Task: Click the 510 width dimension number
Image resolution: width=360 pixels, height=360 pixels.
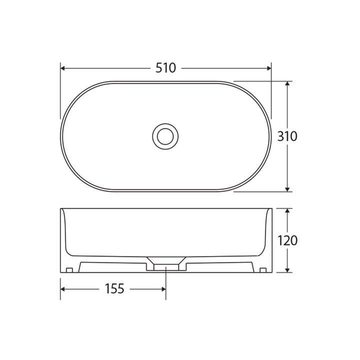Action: pos(165,67)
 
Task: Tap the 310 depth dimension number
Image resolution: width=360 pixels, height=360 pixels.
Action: pos(287,136)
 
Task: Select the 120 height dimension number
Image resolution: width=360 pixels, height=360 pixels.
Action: pos(287,240)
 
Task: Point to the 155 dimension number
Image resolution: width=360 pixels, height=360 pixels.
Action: pos(114,289)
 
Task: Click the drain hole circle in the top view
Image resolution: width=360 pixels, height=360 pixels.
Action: pos(165,136)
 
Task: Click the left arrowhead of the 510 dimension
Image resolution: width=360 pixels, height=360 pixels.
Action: pos(63,67)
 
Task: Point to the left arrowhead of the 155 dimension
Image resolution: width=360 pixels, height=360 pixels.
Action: pos(63,289)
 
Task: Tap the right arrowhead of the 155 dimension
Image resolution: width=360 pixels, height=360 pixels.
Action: pos(162,289)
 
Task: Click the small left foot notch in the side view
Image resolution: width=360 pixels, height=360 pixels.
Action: pos(69,270)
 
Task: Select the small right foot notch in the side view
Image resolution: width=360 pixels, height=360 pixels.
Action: pos(263,270)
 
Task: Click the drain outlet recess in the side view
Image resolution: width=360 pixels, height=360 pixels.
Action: pos(165,264)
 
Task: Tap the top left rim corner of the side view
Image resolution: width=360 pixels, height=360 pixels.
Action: pos(61,209)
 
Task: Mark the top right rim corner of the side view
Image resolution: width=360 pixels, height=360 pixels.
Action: pos(271,209)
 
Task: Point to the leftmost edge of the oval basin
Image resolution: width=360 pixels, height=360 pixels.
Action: pos(61,136)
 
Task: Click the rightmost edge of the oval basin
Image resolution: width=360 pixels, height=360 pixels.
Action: pos(271,136)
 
